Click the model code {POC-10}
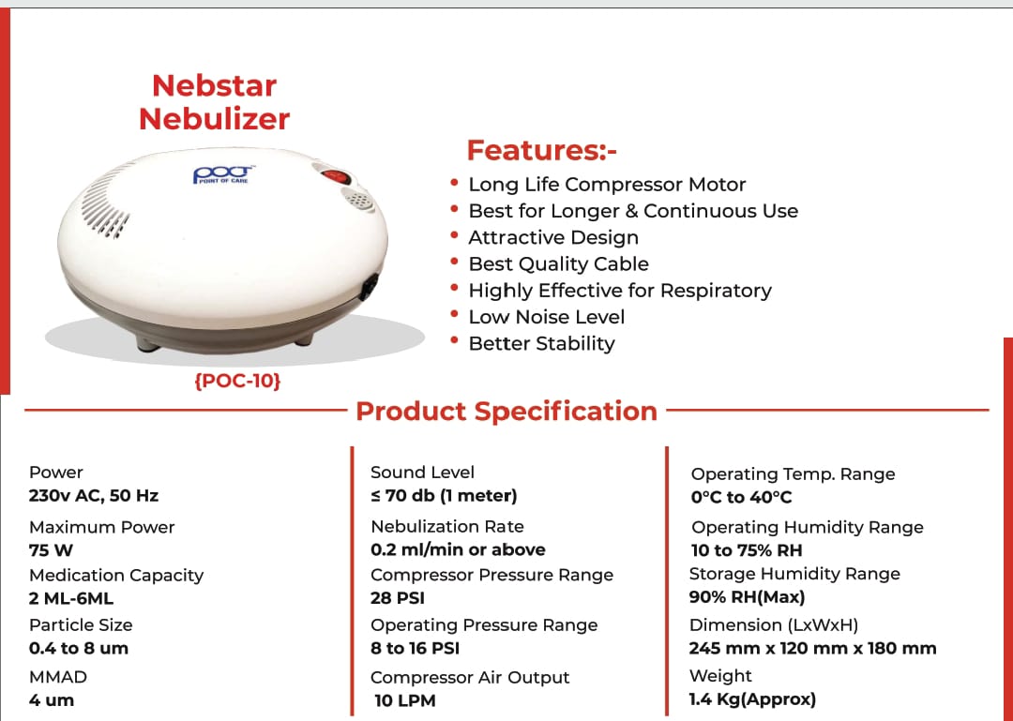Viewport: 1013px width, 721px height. [x=237, y=382]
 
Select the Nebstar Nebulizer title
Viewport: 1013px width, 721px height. [x=214, y=102]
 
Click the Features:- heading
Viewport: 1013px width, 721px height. [x=541, y=150]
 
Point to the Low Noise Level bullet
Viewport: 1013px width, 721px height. [x=546, y=317]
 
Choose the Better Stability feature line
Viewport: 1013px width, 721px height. [x=541, y=343]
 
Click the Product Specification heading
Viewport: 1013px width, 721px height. [x=506, y=411]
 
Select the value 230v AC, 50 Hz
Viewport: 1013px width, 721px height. [x=87, y=495]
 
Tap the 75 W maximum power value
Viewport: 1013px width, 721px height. [x=51, y=550]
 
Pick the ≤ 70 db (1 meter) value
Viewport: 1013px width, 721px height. [x=444, y=495]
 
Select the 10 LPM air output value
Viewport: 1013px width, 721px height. [x=404, y=700]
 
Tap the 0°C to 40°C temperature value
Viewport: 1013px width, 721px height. [x=741, y=497]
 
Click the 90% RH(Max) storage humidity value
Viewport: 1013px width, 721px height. [x=747, y=596]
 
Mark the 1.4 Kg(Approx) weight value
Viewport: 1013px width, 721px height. [x=752, y=698]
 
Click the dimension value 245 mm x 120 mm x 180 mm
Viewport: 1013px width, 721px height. [x=812, y=648]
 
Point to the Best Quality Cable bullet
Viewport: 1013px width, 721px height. [x=558, y=263]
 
